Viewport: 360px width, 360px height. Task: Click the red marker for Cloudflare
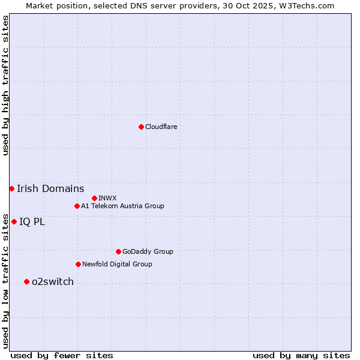(141, 127)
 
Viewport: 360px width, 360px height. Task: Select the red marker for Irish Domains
(11, 189)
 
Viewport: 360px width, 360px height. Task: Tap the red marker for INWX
(94, 198)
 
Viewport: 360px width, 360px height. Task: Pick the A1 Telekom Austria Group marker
(77, 206)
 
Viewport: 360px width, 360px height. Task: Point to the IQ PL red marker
(14, 222)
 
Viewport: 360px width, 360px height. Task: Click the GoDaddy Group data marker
(118, 252)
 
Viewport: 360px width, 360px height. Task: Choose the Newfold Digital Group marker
(78, 265)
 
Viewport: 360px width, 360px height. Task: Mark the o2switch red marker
(26, 282)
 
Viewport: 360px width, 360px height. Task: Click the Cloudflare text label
(161, 127)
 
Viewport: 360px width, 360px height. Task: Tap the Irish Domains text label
(50, 189)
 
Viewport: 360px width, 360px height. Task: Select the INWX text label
(107, 198)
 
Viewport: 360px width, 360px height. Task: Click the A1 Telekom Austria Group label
(122, 206)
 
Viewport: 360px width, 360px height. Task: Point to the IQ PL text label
(32, 222)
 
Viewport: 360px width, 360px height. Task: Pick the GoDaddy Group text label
(148, 252)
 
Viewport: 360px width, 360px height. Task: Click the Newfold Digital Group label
(117, 265)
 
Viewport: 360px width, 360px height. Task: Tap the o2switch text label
(53, 282)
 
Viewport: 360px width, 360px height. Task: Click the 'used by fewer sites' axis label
(62, 356)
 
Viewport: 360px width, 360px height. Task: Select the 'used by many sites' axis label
(301, 356)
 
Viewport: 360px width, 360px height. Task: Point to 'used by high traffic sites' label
(5, 85)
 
